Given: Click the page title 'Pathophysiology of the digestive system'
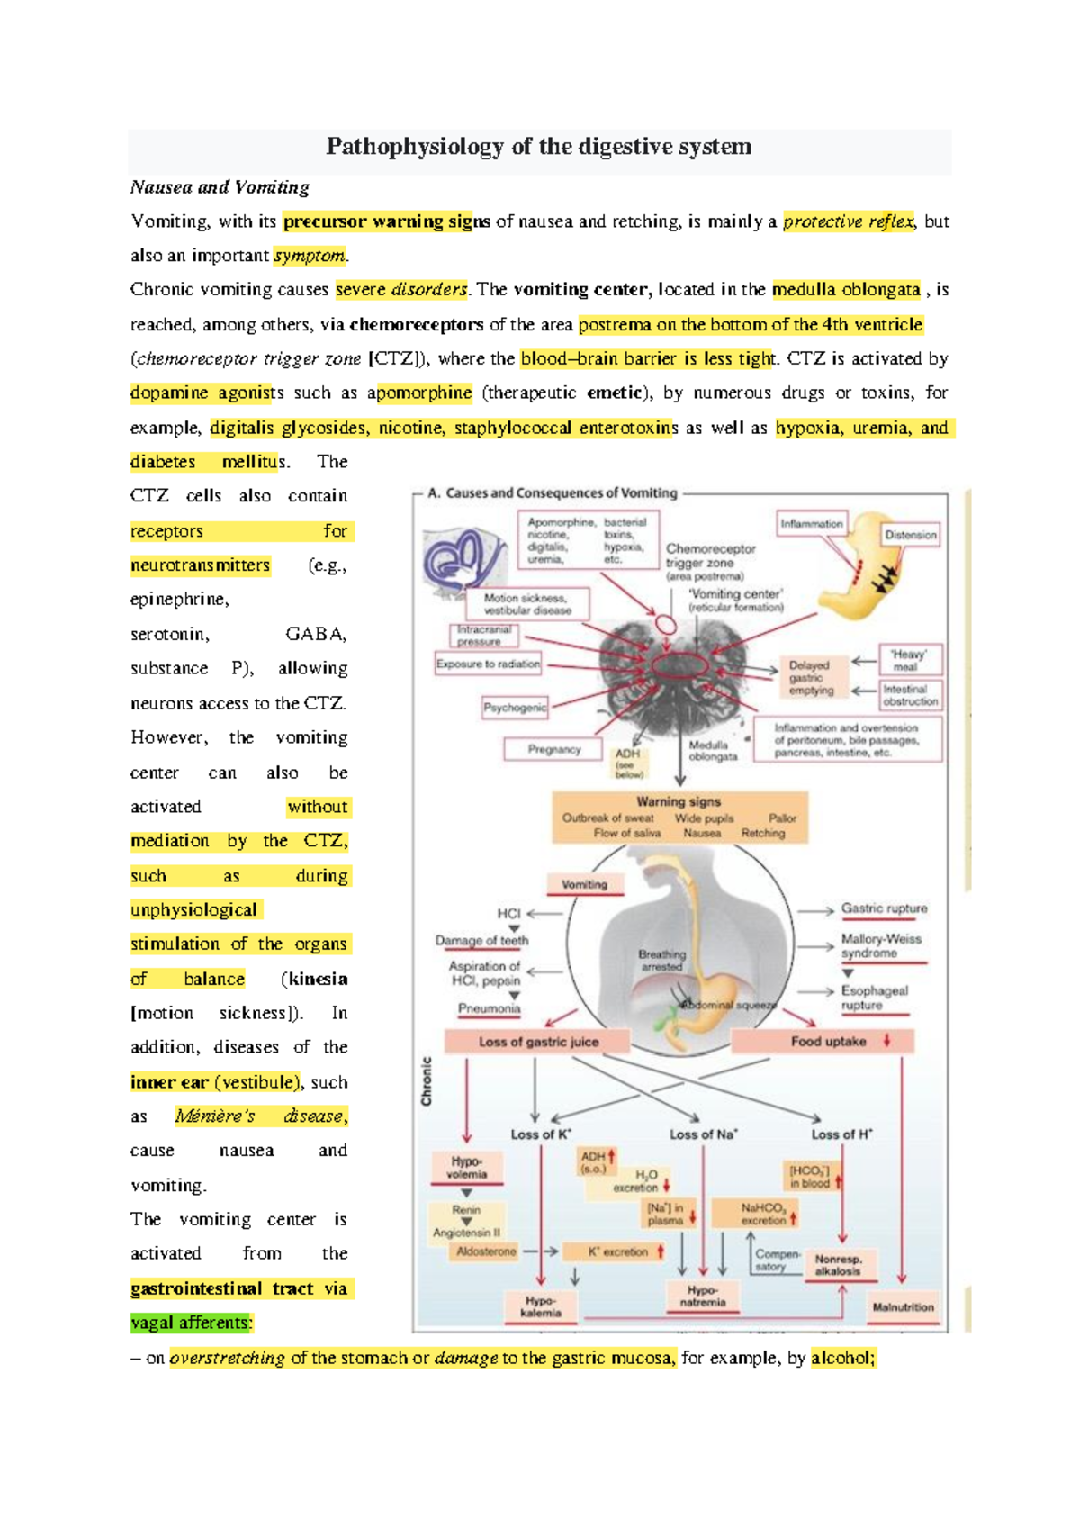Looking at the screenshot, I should coord(538,147).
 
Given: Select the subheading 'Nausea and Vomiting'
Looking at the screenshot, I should coord(220,187).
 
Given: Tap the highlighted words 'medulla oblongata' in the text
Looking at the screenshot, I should coord(846,289).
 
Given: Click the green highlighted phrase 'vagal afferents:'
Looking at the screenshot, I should coord(192,1323).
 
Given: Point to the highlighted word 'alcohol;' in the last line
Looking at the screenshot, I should coord(843,1358).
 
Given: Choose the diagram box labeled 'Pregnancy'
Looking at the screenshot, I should coord(553,749).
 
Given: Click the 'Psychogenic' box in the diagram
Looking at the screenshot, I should coord(515,708).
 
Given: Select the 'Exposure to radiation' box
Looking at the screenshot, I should coord(488,664).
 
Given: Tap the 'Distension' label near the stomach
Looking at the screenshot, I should coord(910,534).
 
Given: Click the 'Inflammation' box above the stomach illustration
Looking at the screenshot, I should coord(812,523).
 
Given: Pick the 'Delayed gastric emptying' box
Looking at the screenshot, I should coord(812,677).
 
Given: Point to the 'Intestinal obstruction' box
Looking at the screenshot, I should coord(910,695).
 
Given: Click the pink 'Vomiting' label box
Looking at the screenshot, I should coord(584,884).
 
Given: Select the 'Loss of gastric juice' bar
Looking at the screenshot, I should coord(538,1042).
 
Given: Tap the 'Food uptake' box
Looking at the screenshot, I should coord(828,1042).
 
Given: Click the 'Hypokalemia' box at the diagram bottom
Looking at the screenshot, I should coord(540,1306).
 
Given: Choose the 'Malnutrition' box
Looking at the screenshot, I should coord(903,1307).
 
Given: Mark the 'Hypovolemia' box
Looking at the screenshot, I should coord(466,1168).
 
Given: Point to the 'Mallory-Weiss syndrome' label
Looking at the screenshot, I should coord(881,945).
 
